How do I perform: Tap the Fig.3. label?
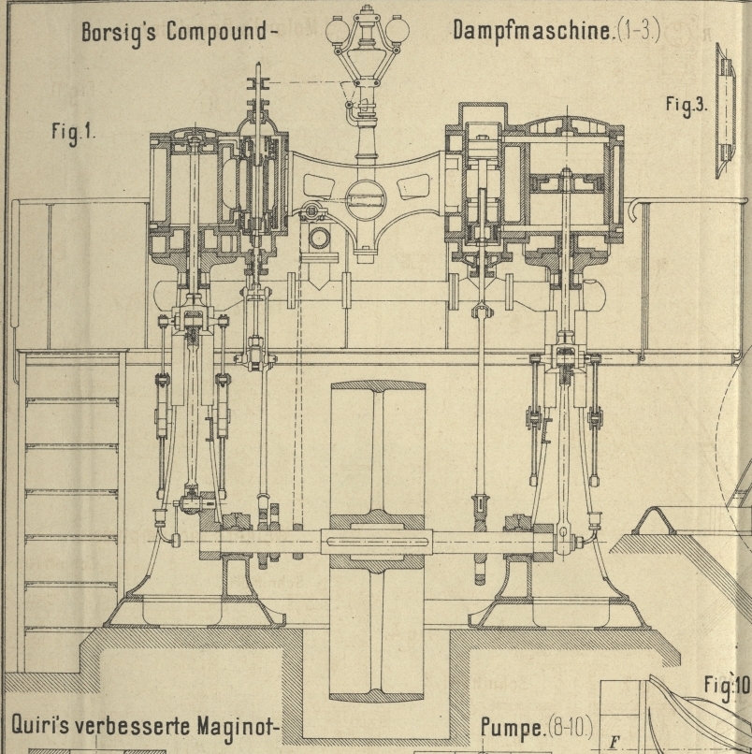tap(686, 105)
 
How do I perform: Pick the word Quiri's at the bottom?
tap(46, 726)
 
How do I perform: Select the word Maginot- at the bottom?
tap(235, 726)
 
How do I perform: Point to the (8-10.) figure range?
tap(573, 728)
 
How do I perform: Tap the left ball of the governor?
tap(337, 32)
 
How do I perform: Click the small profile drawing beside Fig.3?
tap(725, 112)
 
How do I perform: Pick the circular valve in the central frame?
tap(366, 197)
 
